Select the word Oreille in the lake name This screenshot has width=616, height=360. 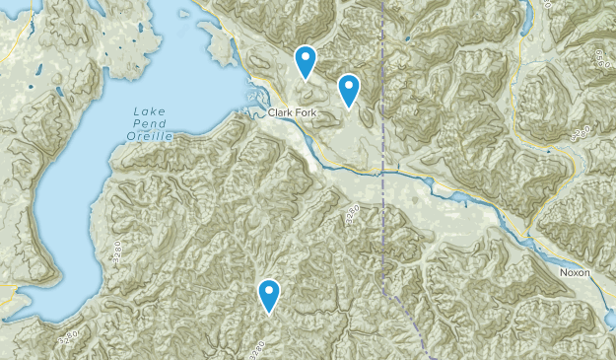point(148,135)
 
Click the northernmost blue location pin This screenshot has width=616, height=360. point(307,61)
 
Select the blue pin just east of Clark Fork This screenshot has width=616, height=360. point(348,89)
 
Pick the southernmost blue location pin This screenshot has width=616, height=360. point(268,294)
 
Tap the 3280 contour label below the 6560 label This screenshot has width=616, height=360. point(583,131)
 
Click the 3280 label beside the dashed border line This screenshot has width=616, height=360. point(352,216)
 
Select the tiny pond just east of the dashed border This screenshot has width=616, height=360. point(405,39)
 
